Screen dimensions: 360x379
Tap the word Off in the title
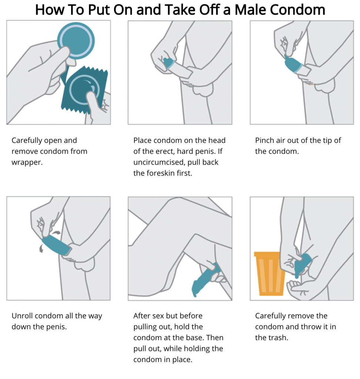[209, 10]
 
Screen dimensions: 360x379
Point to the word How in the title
[50, 10]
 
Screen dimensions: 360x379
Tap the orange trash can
[270, 274]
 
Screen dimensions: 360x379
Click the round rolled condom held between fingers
[76, 41]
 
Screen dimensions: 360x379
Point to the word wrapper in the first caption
[27, 162]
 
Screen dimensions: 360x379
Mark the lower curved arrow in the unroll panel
[41, 248]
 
